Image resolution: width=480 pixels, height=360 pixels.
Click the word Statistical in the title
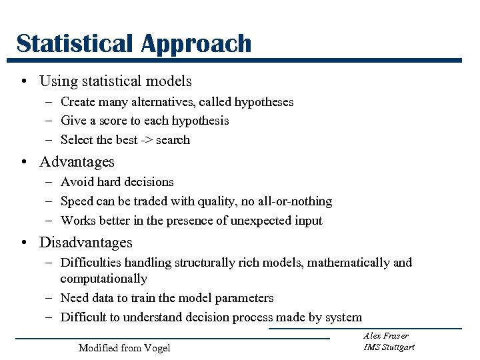pyautogui.click(x=75, y=43)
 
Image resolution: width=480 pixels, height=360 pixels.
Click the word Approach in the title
pyautogui.click(x=196, y=45)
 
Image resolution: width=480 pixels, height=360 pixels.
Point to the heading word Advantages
pyautogui.click(x=77, y=162)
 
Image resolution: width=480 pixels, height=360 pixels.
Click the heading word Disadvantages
pyautogui.click(x=86, y=243)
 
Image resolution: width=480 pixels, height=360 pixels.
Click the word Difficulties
pyautogui.click(x=91, y=263)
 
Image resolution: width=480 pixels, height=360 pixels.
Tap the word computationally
pyautogui.click(x=103, y=279)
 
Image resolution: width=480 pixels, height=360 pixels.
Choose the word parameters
pyautogui.click(x=243, y=298)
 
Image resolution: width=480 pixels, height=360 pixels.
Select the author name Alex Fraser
pyautogui.click(x=386, y=336)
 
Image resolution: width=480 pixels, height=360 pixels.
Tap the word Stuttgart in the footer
pyautogui.click(x=399, y=347)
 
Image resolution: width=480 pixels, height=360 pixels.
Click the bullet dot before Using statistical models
pyautogui.click(x=23, y=82)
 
